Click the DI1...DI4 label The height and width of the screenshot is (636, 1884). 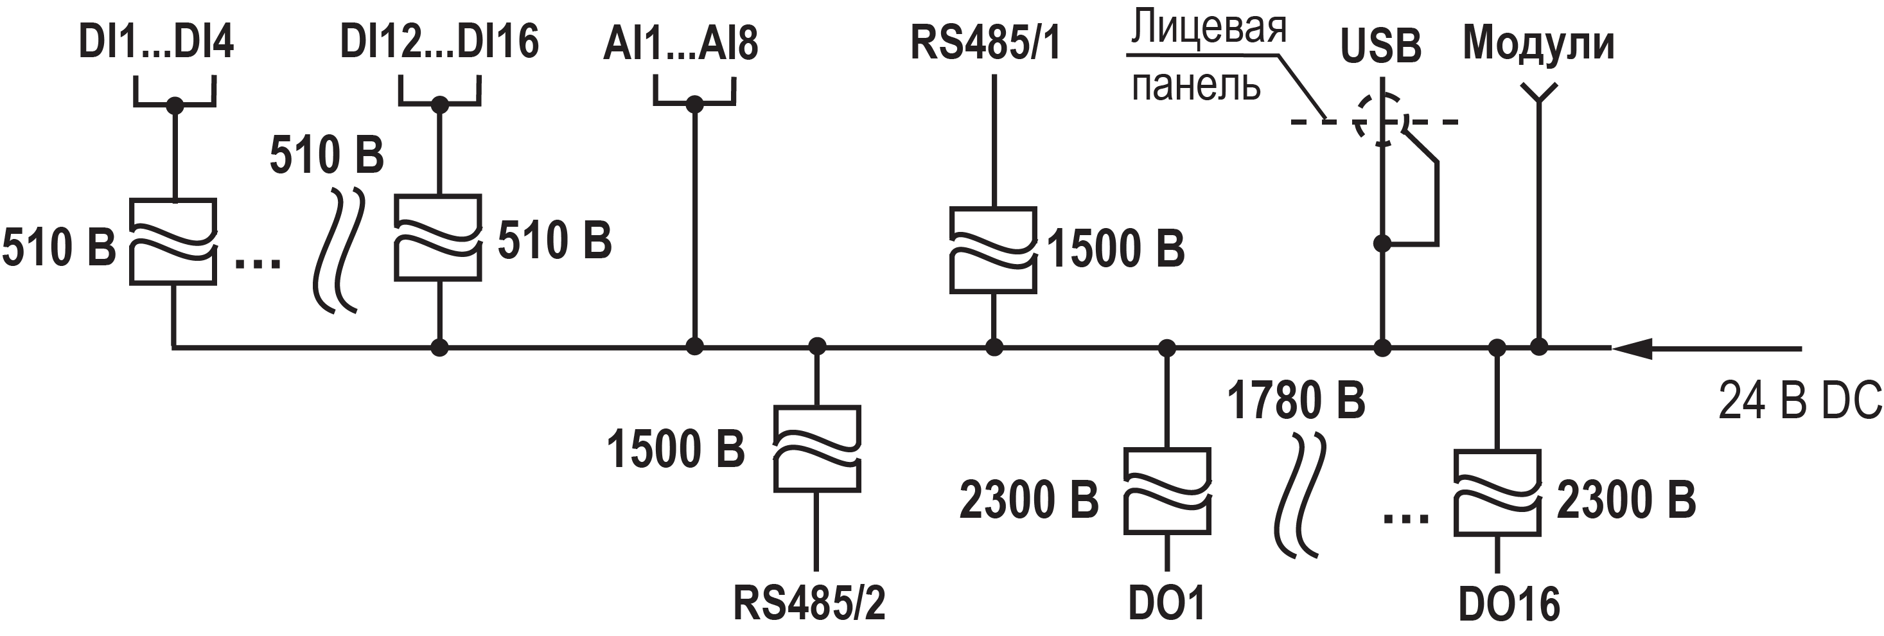pyautogui.click(x=156, y=42)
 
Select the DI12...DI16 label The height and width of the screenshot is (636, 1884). pyautogui.click(x=439, y=42)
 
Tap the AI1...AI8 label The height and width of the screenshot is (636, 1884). pyautogui.click(x=680, y=44)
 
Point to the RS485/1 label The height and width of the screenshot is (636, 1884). pyautogui.click(x=985, y=42)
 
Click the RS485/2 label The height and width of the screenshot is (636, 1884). pyautogui.click(x=809, y=603)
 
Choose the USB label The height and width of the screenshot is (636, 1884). pyautogui.click(x=1380, y=46)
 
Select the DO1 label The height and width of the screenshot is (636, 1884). pyautogui.click(x=1166, y=604)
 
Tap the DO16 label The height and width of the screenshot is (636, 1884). pyautogui.click(x=1508, y=605)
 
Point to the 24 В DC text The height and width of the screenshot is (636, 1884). pyautogui.click(x=1799, y=401)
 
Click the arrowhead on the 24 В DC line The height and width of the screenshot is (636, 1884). pyautogui.click(x=1631, y=348)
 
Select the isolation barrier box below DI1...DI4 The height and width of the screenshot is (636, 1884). pyautogui.click(x=173, y=242)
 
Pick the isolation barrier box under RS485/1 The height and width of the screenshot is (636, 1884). pyautogui.click(x=992, y=251)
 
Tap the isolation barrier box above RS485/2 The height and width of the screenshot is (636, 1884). pyautogui.click(x=817, y=448)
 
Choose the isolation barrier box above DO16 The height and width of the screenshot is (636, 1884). pyautogui.click(x=1497, y=493)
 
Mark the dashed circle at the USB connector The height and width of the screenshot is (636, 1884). pyautogui.click(x=1380, y=119)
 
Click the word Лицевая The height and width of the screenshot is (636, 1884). pyautogui.click(x=1208, y=28)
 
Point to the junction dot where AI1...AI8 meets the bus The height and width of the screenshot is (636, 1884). pyautogui.click(x=694, y=346)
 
